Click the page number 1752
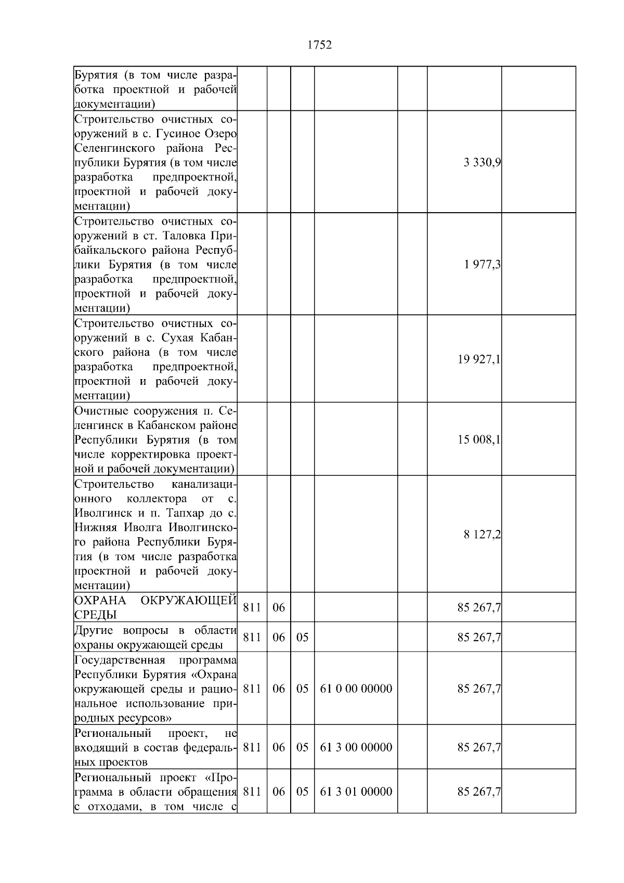click(319, 45)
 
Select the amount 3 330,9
click(482, 163)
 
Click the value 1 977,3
click(482, 265)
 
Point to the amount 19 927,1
click(479, 359)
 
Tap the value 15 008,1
click(479, 440)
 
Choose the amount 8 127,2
click(482, 535)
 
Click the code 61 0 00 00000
click(356, 689)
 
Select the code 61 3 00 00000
click(356, 747)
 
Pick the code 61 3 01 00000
click(356, 791)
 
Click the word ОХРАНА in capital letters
click(100, 601)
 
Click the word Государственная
click(120, 660)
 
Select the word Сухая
click(176, 337)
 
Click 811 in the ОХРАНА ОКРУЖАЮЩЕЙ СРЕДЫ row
click(252, 607)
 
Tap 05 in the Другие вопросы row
click(302, 637)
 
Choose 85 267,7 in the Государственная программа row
click(479, 689)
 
